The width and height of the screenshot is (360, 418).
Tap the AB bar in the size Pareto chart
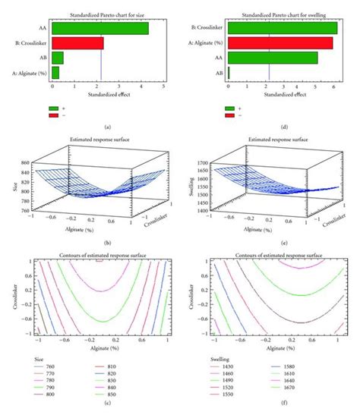[57, 58]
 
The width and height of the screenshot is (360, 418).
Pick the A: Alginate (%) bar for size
[55, 72]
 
